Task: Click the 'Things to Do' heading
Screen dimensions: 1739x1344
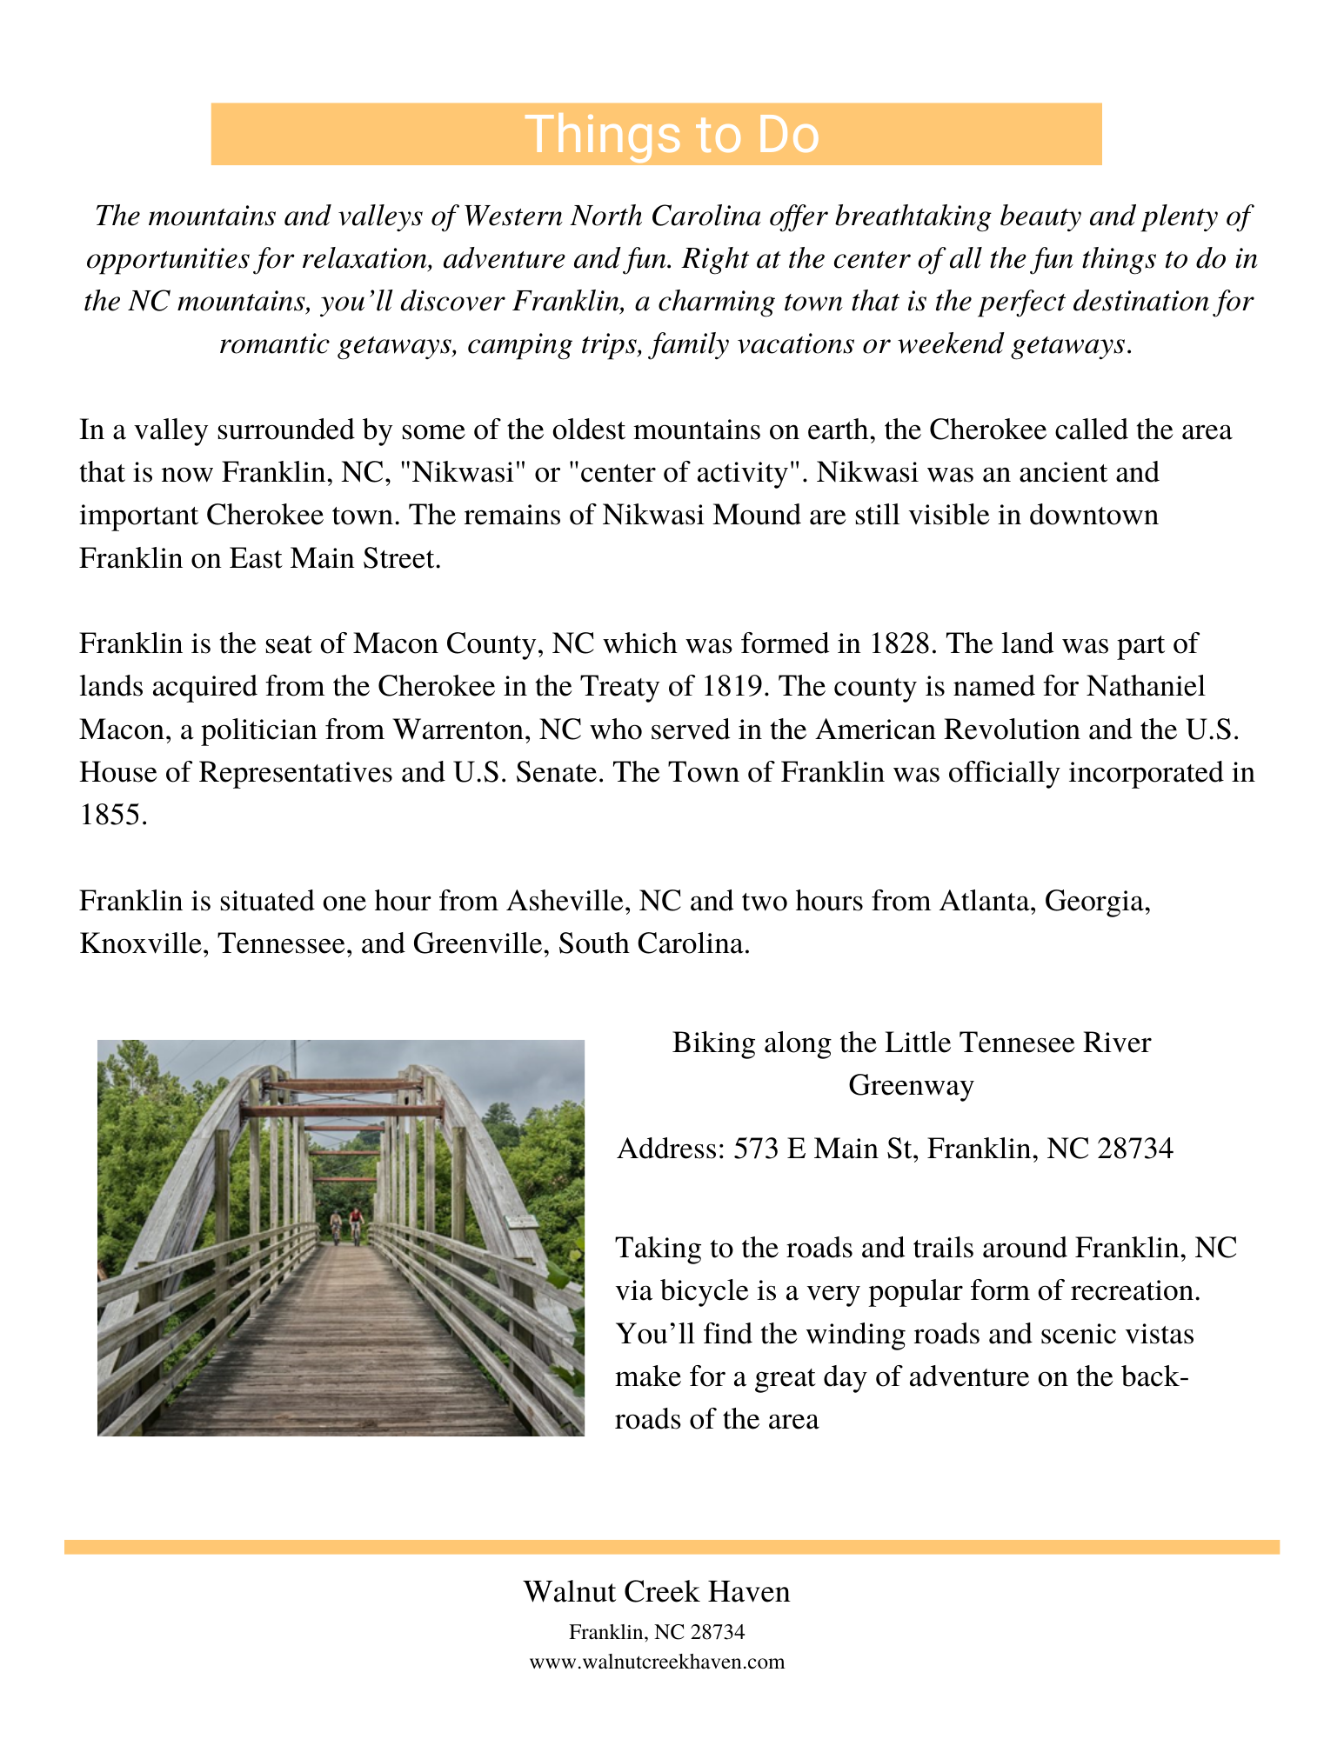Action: [x=672, y=135]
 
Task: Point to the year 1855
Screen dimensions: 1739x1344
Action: [x=110, y=815]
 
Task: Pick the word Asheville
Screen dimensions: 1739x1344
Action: [x=567, y=901]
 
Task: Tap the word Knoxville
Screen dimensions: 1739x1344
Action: [x=139, y=943]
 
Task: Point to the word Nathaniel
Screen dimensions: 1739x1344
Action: [x=1147, y=687]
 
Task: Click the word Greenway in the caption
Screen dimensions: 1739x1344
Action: [x=911, y=1085]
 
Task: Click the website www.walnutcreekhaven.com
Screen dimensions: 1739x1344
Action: [x=657, y=1662]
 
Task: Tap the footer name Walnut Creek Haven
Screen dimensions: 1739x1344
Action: [x=657, y=1592]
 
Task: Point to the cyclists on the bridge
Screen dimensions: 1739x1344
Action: [x=346, y=1226]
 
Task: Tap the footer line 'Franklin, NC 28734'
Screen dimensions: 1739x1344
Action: [x=657, y=1632]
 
